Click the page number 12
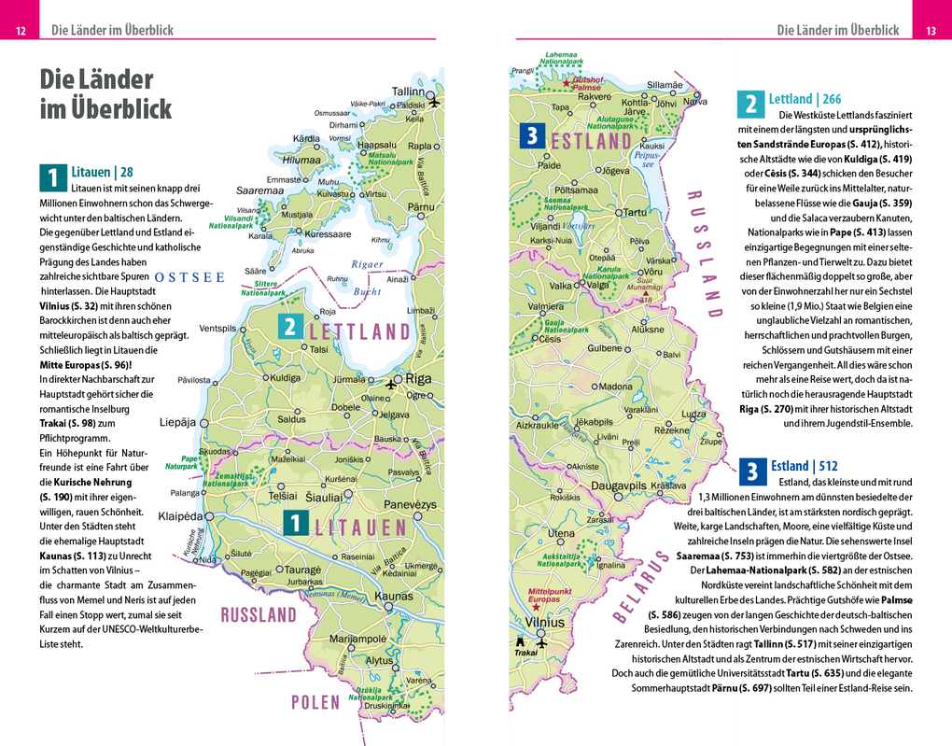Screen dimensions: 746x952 tap(21, 32)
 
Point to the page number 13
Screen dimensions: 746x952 tap(931, 32)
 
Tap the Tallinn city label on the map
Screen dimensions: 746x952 tap(408, 91)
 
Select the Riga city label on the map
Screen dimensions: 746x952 tap(417, 379)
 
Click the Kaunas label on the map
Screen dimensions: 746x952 tap(393, 596)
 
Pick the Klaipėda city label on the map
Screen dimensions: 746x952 tap(181, 515)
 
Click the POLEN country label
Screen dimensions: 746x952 tap(315, 702)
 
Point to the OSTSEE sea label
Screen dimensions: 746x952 tap(189, 277)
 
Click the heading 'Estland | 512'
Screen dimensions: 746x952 tap(804, 466)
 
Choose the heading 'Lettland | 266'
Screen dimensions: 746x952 tap(805, 99)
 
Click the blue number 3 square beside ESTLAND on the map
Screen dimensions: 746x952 tap(531, 136)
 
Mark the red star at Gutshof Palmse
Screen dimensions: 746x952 tap(566, 82)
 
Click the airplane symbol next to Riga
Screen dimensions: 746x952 tap(391, 383)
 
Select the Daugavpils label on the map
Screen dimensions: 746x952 tap(618, 486)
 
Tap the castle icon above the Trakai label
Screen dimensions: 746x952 tap(519, 641)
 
